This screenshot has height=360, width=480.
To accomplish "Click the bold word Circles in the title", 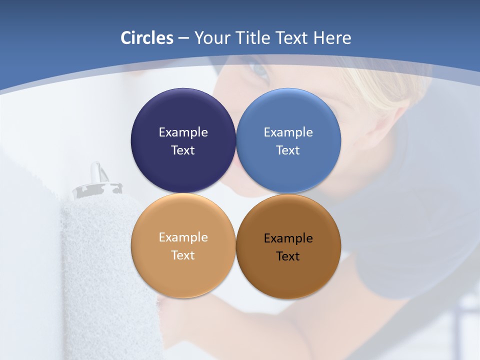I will (147, 38).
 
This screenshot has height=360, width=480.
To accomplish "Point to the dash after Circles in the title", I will (183, 38).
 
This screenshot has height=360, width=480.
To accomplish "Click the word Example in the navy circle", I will (183, 132).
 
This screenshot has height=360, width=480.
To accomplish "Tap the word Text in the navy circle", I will (183, 150).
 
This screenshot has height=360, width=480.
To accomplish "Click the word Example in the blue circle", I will (288, 132).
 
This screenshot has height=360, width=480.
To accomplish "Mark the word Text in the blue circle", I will (288, 150).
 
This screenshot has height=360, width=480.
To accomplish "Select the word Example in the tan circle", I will (183, 237).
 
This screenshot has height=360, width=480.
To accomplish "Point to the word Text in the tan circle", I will (183, 255).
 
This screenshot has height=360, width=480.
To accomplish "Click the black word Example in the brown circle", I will (288, 238).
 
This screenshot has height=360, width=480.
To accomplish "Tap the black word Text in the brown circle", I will (288, 256).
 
